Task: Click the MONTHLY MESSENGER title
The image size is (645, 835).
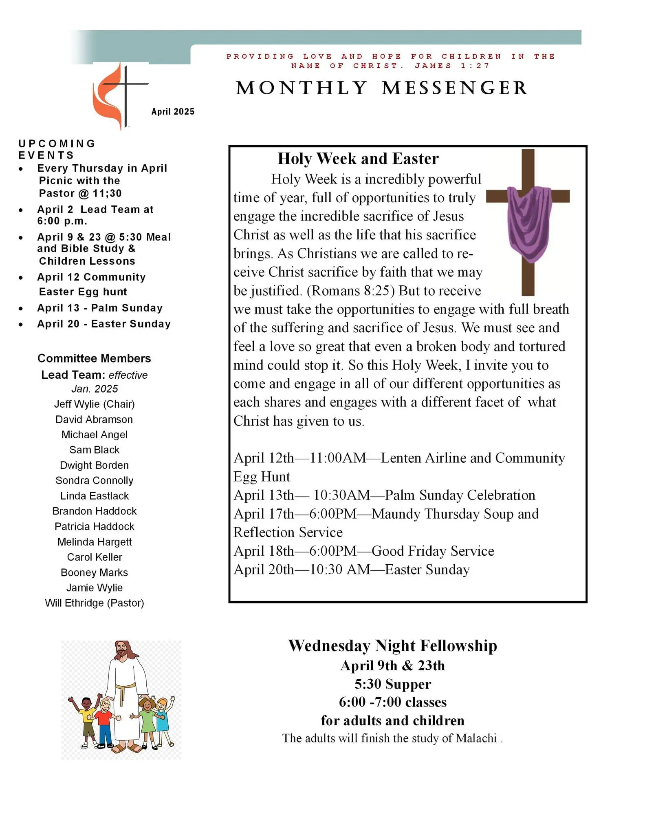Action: pyautogui.click(x=381, y=88)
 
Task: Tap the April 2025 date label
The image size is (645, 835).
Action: pyautogui.click(x=173, y=112)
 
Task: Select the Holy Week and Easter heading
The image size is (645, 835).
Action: pyautogui.click(x=358, y=159)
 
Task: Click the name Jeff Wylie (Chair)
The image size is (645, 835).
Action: pyautogui.click(x=94, y=404)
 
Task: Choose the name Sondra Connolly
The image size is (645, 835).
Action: pyautogui.click(x=94, y=481)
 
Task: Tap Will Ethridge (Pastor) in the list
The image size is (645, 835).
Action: pyautogui.click(x=94, y=603)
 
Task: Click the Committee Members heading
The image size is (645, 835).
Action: pyautogui.click(x=94, y=358)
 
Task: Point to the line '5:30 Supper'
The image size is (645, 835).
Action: pyautogui.click(x=392, y=684)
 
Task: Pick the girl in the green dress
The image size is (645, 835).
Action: pyautogui.click(x=147, y=718)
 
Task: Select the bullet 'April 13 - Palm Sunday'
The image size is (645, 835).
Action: pyautogui.click(x=100, y=308)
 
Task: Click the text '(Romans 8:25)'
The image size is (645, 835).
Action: pyautogui.click(x=350, y=291)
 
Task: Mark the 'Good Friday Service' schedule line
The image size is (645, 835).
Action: pyautogui.click(x=432, y=551)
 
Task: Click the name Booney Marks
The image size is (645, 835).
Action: pyautogui.click(x=94, y=573)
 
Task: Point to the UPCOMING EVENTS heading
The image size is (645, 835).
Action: pyautogui.click(x=57, y=149)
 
